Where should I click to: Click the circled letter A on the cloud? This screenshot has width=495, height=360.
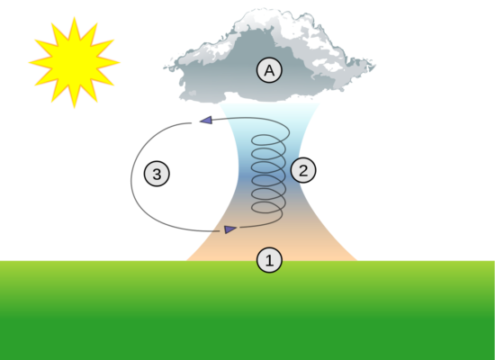click(269, 70)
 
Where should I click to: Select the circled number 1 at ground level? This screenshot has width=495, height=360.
click(269, 260)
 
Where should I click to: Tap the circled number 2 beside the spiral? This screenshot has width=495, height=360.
click(303, 170)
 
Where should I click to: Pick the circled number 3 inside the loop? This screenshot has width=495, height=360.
click(157, 174)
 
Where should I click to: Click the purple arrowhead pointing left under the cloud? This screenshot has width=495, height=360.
click(206, 120)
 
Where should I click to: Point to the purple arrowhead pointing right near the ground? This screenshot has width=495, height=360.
click(230, 229)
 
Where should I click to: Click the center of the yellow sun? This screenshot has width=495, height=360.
click(74, 62)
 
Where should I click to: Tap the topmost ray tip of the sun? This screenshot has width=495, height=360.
click(75, 17)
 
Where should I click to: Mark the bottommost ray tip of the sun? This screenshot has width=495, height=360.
click(74, 108)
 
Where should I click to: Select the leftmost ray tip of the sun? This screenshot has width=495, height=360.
click(29, 62)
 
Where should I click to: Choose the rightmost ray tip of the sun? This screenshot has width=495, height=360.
click(120, 62)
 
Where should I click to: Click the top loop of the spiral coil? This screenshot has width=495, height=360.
click(269, 139)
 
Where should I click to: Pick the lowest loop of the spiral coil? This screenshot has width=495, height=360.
click(267, 208)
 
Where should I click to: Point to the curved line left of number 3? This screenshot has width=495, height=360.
click(131, 180)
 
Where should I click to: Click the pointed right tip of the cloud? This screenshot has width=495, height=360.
click(375, 66)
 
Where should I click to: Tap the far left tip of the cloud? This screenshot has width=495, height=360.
click(164, 67)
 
